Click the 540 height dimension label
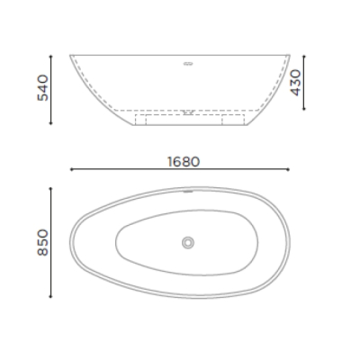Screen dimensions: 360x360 [42, 88]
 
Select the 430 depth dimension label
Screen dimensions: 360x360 [295, 83]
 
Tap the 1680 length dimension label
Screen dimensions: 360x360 [184, 162]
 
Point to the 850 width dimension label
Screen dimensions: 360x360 [42, 242]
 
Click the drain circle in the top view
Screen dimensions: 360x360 [188, 242]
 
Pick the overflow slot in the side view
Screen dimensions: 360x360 [188, 63]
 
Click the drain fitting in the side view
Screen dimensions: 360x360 [188, 112]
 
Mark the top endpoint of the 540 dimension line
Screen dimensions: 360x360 [50, 56]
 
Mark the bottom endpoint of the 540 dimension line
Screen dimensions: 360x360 [50, 123]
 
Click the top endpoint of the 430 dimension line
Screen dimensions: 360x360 [304, 56]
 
